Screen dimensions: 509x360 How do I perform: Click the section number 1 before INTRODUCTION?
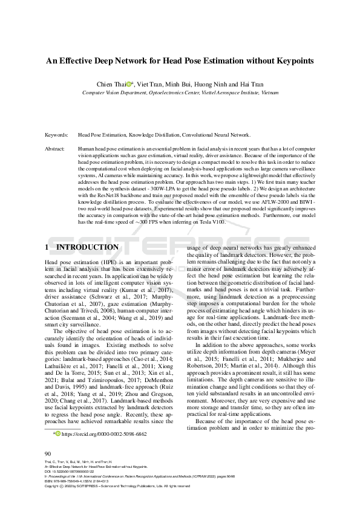(x=47, y=247)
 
